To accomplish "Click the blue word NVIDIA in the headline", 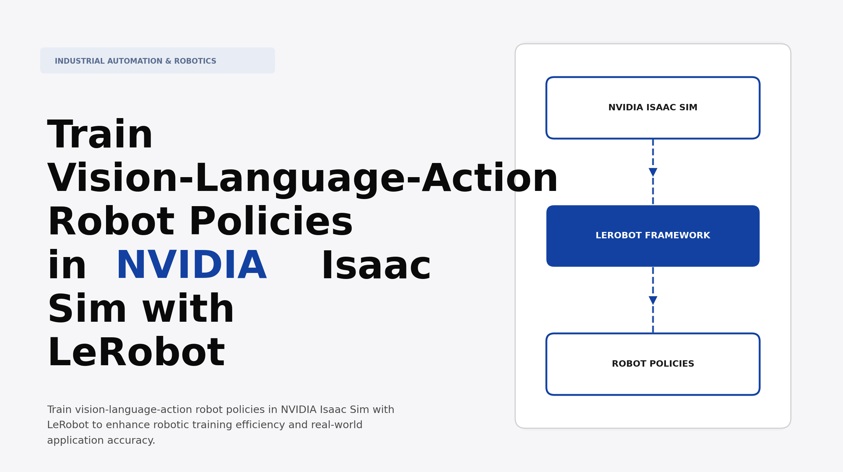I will point(191,266).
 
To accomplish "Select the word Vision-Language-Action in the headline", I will point(303,179).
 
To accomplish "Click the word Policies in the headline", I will point(271,222).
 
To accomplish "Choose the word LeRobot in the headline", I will point(136,353).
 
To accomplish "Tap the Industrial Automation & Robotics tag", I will point(157,61).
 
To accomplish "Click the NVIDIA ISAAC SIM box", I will point(653,107).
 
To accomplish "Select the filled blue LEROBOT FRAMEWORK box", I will point(653,236).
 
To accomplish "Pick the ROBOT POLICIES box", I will point(653,364).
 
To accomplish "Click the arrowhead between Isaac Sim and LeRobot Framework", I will point(653,172).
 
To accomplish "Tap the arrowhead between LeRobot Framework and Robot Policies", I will point(653,301).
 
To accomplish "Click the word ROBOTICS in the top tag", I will point(195,61).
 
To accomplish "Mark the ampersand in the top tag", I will point(168,61).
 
